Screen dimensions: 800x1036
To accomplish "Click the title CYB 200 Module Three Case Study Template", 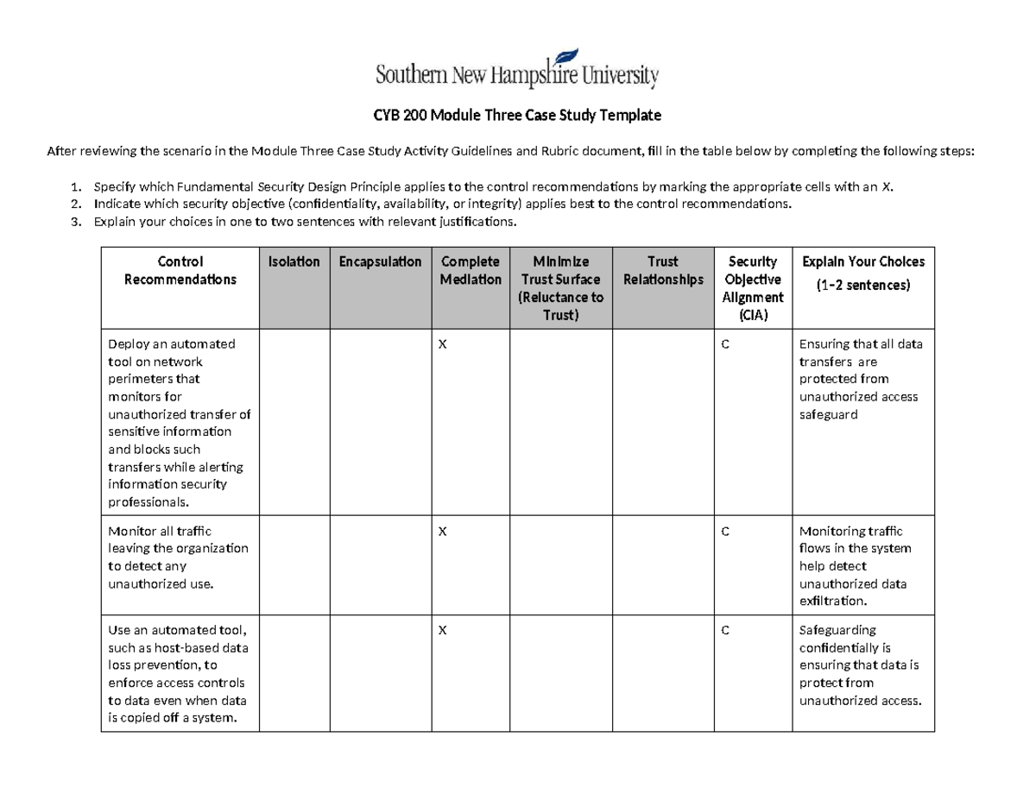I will [x=517, y=115].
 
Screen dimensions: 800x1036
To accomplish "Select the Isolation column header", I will [x=294, y=261].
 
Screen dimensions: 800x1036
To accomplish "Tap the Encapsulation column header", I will [x=380, y=261].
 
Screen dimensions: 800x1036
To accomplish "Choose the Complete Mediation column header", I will [x=470, y=270].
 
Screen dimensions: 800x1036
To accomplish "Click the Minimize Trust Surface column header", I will [x=560, y=288].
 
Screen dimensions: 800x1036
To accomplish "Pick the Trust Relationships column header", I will [x=662, y=270].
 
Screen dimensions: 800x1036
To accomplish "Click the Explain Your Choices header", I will [x=862, y=271].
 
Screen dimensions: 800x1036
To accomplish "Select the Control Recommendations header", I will [x=180, y=270].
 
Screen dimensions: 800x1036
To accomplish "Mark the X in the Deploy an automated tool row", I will [x=443, y=344].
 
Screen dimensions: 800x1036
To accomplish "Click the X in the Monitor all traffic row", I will [x=443, y=532].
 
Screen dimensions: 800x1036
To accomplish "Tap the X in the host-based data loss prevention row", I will [x=443, y=631].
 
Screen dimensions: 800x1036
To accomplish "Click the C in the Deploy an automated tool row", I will [x=725, y=344].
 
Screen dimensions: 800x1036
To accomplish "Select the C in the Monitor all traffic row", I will [x=725, y=532].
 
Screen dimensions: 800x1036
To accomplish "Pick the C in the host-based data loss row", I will [x=725, y=631].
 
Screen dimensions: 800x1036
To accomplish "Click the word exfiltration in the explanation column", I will [x=833, y=601].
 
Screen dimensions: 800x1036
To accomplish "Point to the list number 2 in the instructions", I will [x=76, y=205].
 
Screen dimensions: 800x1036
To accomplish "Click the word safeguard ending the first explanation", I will [x=828, y=414].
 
